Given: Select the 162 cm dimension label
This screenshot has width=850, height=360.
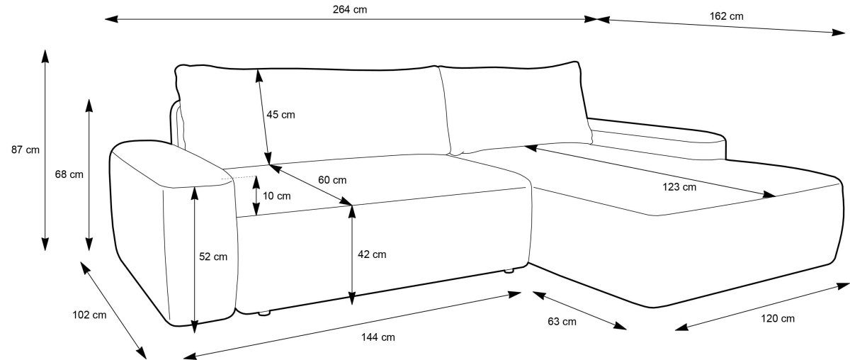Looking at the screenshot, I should click(726, 16).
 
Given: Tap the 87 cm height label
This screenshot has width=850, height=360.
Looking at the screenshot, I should click(25, 150).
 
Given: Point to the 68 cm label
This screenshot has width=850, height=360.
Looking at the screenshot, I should click(68, 174).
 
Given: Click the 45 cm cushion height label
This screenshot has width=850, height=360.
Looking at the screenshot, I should click(280, 115).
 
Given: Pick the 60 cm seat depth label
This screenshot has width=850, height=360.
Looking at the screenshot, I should click(332, 180).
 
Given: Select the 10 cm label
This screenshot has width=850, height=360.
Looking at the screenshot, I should click(276, 196).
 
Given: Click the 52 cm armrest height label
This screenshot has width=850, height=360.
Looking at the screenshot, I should click(213, 257).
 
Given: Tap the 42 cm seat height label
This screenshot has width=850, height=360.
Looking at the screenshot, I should click(372, 254).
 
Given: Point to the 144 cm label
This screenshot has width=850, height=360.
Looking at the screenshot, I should click(378, 337).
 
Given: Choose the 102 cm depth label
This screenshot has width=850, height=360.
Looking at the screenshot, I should click(89, 315).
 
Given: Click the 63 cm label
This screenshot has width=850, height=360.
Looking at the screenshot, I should click(562, 322).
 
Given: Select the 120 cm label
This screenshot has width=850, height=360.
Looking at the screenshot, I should click(778, 319).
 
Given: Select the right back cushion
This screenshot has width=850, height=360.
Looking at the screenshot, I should click(514, 106).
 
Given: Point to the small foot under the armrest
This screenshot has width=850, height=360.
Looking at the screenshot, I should click(265, 312).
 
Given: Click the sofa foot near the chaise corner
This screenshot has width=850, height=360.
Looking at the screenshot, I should click(509, 270).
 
